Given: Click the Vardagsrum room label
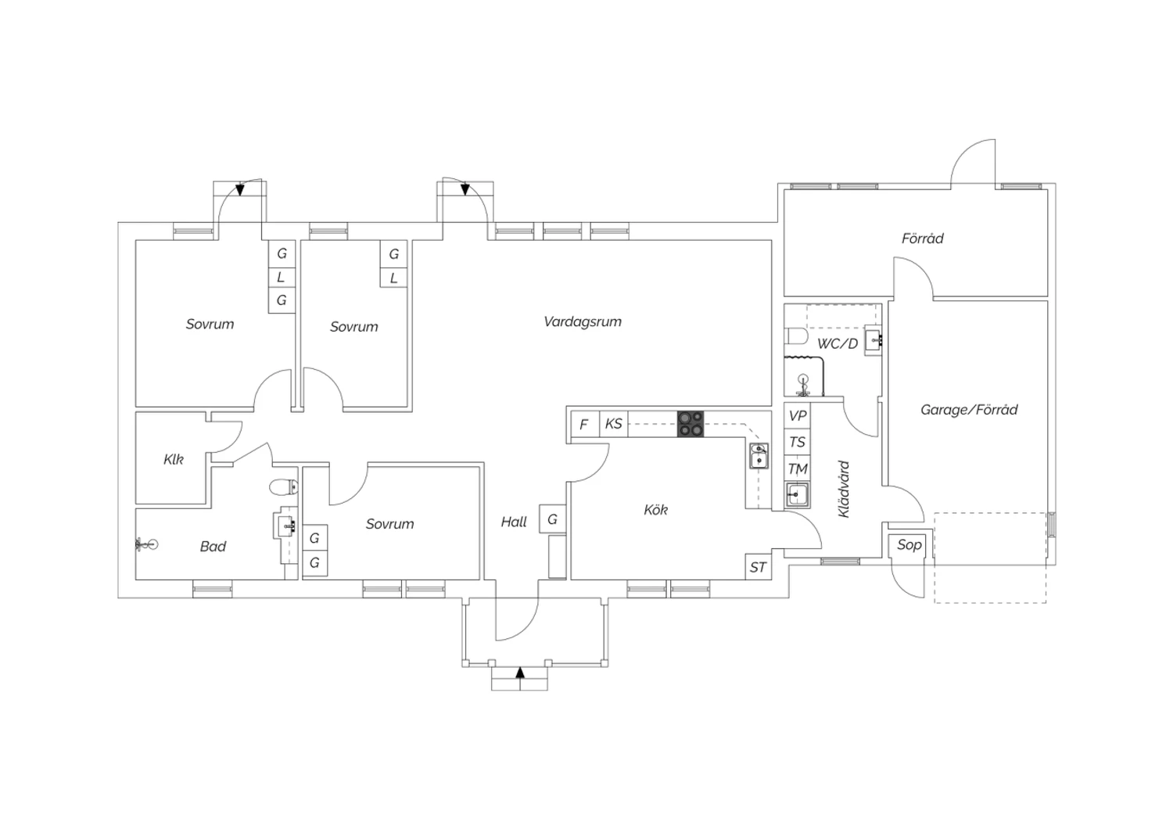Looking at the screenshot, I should click(583, 321).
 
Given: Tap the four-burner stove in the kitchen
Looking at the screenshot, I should click(690, 423).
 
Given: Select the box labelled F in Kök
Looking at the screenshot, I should click(583, 425).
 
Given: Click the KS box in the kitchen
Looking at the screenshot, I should click(614, 424).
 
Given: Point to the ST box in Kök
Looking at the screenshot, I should click(758, 567).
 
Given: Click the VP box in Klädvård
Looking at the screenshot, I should click(798, 415).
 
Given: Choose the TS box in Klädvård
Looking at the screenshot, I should click(798, 442).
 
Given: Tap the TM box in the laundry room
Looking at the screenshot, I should click(798, 469).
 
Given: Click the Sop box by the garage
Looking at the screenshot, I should click(909, 544).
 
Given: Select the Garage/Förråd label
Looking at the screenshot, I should click(969, 409).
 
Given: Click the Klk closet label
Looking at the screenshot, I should click(174, 459).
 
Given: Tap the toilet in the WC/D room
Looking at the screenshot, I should click(796, 337).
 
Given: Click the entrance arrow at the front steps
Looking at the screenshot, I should click(519, 673).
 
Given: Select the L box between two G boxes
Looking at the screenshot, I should click(282, 277).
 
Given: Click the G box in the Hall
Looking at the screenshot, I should click(552, 519).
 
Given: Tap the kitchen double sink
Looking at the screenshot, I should click(759, 455).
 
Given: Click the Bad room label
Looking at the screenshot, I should click(213, 546).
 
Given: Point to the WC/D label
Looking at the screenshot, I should click(838, 343).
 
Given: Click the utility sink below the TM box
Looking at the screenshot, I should click(798, 495).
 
